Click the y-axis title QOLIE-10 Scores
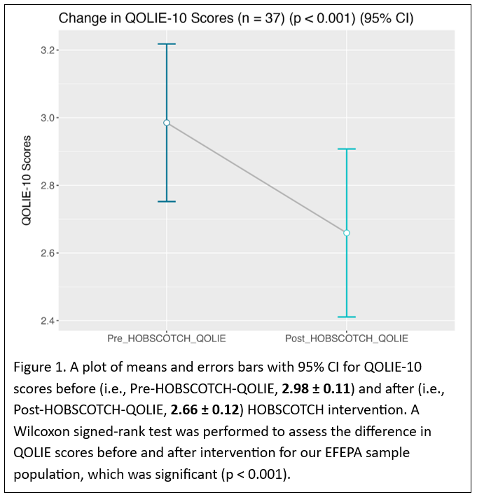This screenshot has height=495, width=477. coord(26,180)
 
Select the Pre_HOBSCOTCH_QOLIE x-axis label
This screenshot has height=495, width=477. coord(167,339)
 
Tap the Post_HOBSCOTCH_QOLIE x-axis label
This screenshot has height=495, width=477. coord(346,339)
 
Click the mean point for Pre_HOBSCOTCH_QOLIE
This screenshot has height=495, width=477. coord(167,123)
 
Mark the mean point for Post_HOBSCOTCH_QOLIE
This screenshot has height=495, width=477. coord(346,233)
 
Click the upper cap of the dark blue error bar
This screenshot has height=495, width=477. coord(167,44)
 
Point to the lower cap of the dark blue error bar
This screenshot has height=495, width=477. coord(167,201)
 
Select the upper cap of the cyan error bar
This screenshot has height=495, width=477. coord(346,149)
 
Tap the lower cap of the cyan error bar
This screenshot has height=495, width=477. coord(346,317)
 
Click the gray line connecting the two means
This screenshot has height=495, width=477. coord(256,178)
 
